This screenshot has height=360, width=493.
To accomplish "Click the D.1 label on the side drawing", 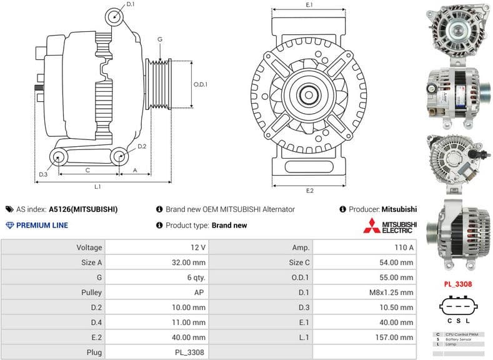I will pos(130,4).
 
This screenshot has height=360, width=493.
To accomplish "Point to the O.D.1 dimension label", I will pos(200,84).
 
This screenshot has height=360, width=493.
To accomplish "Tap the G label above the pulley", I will pos(160,39).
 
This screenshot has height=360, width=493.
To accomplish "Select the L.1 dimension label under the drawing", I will pos(98,187).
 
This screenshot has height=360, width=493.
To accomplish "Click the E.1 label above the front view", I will pos(309,5).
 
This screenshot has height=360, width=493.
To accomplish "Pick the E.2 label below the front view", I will pos(309,190).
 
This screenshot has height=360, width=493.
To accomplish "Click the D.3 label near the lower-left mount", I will pos(43,174).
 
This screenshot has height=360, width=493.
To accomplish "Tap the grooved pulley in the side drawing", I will pos(158,84).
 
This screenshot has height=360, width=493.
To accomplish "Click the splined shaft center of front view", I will pos(309,96).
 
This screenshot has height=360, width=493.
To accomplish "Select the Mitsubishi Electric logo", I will pos(390,226).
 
